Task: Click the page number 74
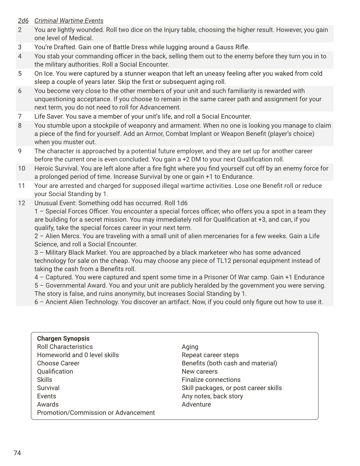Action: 17,453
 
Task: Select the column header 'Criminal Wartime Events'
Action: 69,21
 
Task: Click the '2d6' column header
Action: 23,21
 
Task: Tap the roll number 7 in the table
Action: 20,116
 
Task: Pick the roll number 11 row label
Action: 21,186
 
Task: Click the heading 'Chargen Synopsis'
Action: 63,339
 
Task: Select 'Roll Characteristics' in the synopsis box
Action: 65,347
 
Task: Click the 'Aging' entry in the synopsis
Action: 190,347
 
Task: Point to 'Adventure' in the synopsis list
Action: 196,404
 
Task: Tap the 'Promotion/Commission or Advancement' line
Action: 96,413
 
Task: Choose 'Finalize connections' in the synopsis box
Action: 211,380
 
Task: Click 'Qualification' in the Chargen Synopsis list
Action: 55,371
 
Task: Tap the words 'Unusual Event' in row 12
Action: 55,203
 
